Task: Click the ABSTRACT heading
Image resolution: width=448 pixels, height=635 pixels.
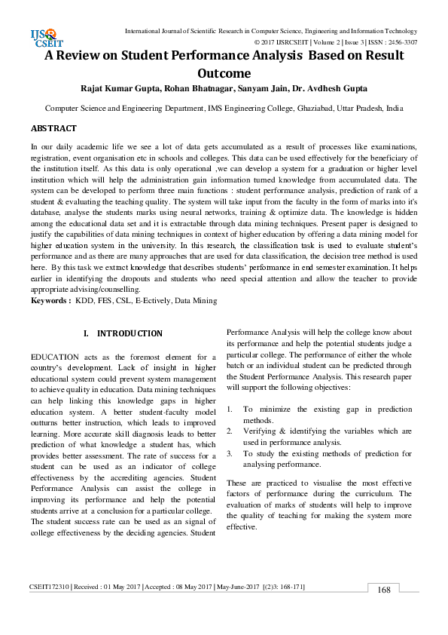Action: (53, 129)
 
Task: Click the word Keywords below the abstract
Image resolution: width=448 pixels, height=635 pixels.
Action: (50, 301)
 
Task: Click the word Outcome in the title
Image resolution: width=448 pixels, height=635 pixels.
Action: (224, 74)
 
